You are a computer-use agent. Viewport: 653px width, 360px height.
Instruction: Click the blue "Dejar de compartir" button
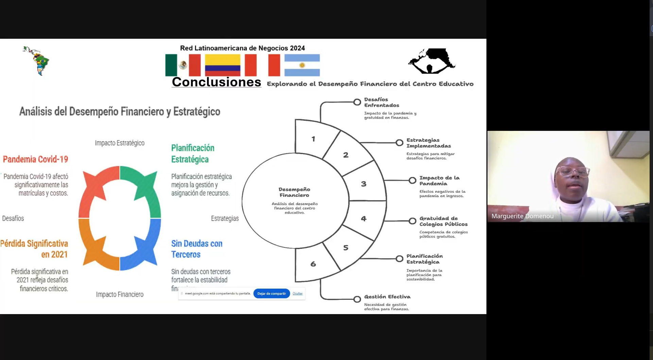click(271, 293)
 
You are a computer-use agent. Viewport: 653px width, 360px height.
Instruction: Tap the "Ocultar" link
click(297, 293)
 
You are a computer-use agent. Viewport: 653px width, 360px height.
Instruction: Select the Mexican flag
click(183, 65)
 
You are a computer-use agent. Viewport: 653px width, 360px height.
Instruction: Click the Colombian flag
click(222, 65)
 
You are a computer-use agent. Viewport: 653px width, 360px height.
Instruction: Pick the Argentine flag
click(302, 65)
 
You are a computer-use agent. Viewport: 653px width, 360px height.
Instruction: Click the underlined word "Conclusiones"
click(216, 82)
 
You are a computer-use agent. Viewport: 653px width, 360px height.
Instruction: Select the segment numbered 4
click(364, 219)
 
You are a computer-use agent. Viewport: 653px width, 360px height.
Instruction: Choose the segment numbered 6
click(313, 264)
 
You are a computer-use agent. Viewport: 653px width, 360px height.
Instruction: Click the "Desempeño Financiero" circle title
click(294, 192)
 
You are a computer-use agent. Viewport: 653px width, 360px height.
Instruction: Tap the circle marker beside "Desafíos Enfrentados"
click(357, 102)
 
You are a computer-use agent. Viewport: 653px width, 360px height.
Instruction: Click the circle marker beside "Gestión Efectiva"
click(357, 299)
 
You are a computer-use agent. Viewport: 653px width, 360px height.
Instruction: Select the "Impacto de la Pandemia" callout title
click(439, 181)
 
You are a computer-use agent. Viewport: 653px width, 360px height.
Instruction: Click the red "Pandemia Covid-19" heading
click(35, 159)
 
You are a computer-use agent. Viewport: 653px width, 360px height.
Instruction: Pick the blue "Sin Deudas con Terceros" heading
click(196, 249)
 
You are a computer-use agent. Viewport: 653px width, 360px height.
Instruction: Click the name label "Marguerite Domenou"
click(522, 216)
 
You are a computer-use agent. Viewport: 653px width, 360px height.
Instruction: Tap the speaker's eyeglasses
click(573, 171)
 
